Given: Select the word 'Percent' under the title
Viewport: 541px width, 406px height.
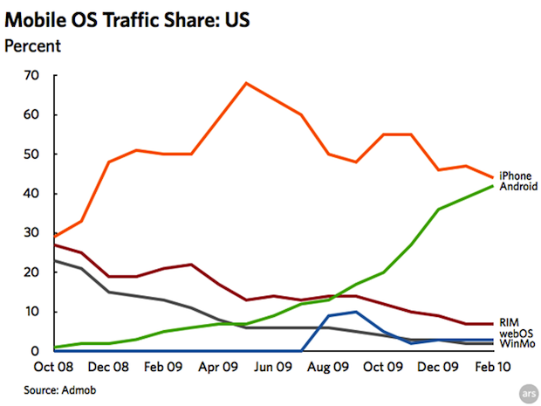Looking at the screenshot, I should tap(32, 45).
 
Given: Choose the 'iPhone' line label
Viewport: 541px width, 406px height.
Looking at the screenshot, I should tap(515, 175).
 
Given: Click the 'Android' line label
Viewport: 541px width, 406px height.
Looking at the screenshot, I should tap(517, 186).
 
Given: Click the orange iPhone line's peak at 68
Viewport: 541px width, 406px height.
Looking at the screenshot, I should tap(246, 83).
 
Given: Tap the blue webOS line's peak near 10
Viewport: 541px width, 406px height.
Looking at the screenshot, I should tap(356, 312).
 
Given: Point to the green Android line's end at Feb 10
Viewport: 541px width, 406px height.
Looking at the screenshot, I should tap(493, 186).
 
